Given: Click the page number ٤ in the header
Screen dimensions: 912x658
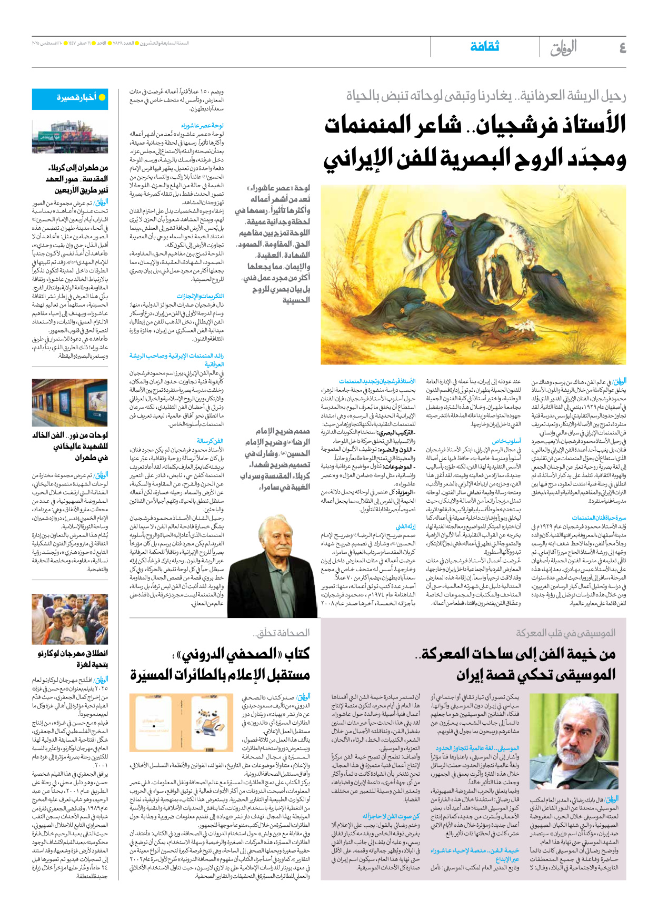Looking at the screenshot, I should tap(622, 48).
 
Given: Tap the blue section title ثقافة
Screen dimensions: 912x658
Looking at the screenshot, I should tap(484, 47).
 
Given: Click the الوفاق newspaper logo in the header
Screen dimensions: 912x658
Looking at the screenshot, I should tap(563, 48).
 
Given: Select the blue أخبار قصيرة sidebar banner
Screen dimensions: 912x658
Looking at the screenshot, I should tap(77, 99).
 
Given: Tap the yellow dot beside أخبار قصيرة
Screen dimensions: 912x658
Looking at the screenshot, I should tap(102, 98).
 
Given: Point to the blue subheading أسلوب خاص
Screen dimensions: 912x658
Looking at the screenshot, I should tap(506, 441).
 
